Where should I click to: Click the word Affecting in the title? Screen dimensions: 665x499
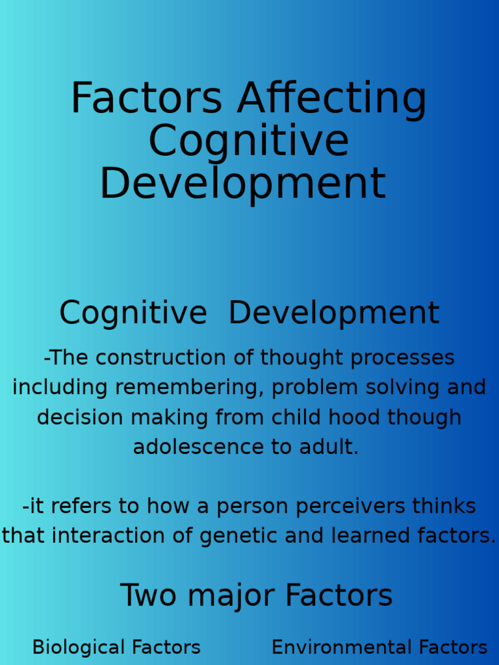(x=331, y=99)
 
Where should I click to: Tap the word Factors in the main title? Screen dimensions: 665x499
(x=146, y=99)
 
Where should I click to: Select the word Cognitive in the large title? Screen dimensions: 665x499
(x=249, y=141)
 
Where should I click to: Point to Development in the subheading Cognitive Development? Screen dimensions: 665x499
(x=334, y=313)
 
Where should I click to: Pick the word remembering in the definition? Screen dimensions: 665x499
(x=189, y=388)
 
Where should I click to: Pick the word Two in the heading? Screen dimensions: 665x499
(x=148, y=596)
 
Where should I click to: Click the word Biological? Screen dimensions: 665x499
(x=79, y=647)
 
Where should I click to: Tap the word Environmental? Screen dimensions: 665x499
(x=342, y=647)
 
